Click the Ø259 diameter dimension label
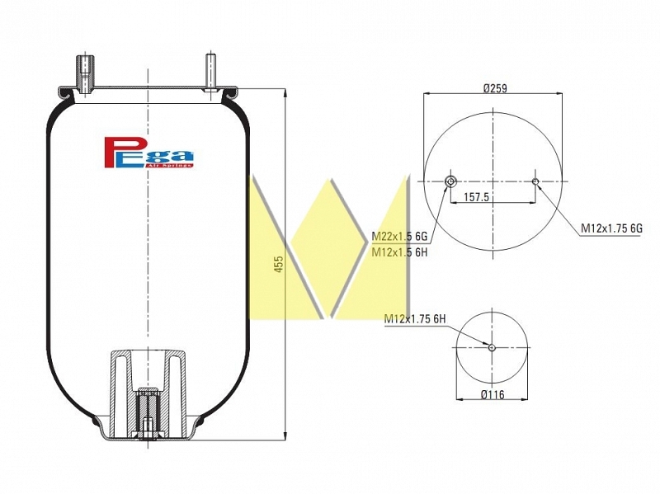pos(495,88)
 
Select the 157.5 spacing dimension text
pos(476,196)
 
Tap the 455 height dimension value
pos(279,264)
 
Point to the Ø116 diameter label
pos(492,395)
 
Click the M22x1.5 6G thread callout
pos(399,237)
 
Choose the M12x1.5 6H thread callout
pos(399,252)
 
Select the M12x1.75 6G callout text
pos(611,228)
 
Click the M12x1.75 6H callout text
pos(415,319)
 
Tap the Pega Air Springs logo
pos(148,153)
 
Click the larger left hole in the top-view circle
pos(450,181)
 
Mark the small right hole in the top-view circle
pos(535,181)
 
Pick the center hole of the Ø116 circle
pos(492,347)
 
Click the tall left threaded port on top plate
pos(84,74)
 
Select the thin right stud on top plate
pos(210,72)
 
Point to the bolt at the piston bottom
pos(148,429)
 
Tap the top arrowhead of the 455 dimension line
pos(285,94)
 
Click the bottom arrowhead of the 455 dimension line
pos(285,435)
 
